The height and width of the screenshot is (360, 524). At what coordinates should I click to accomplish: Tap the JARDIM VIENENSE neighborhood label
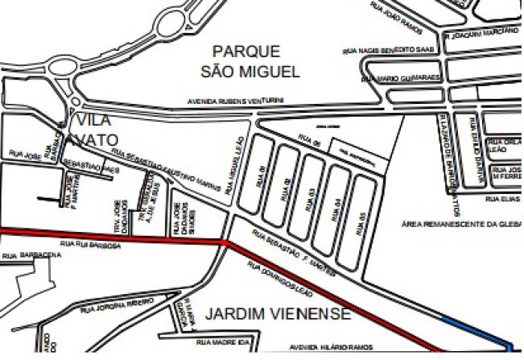point(277,312)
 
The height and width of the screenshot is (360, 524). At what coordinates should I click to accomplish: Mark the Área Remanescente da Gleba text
point(463,224)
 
